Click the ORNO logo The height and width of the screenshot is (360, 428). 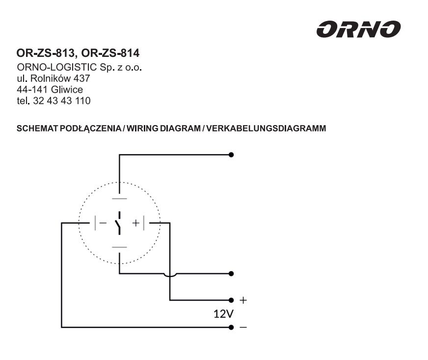[x=358, y=29]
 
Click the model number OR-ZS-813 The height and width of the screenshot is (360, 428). [x=45, y=53]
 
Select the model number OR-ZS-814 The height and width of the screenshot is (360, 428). [x=110, y=53]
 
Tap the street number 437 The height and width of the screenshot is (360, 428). [x=82, y=78]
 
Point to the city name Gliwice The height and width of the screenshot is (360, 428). [x=67, y=89]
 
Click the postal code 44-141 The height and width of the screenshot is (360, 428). [x=32, y=89]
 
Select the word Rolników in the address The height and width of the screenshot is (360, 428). [x=51, y=78]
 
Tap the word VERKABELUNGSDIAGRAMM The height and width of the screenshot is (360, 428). [x=266, y=128]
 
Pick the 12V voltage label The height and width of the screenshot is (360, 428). [x=223, y=314]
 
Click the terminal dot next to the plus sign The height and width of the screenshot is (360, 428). [x=231, y=300]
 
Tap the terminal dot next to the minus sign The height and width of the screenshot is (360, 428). [x=231, y=327]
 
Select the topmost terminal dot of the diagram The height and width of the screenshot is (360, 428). [x=231, y=154]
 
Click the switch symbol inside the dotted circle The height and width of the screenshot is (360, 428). [x=118, y=223]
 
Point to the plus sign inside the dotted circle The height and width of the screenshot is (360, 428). [x=135, y=223]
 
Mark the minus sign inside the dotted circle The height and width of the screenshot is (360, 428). [x=103, y=223]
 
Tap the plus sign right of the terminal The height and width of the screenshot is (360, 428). [x=243, y=300]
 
